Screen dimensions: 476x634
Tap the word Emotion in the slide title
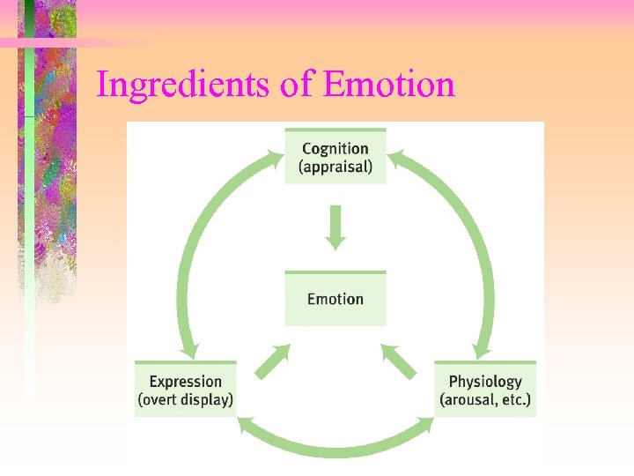[389, 85]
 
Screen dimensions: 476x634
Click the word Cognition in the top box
[335, 148]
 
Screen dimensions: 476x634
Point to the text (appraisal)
[335, 166]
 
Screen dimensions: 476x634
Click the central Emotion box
[335, 299]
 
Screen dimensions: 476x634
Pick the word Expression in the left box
[185, 382]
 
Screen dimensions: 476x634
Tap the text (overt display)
[185, 399]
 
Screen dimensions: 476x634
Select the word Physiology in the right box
[485, 382]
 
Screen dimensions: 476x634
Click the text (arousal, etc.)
[485, 399]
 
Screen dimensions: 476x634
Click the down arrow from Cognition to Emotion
[335, 227]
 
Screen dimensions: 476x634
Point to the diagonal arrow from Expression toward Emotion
[273, 361]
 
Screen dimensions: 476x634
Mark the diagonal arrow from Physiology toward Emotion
[398, 361]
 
